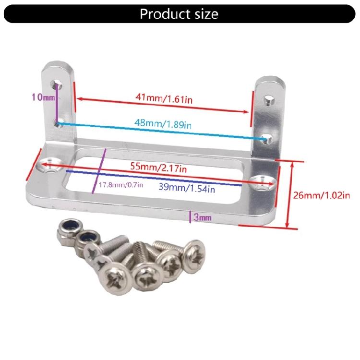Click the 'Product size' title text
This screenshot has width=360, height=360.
179,14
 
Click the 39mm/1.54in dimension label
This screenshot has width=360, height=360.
187,189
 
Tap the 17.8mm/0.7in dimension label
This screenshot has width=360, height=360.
120,186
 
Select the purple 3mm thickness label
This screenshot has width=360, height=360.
202,218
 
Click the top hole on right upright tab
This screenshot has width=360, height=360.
268,101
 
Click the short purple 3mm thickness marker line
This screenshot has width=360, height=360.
191,217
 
